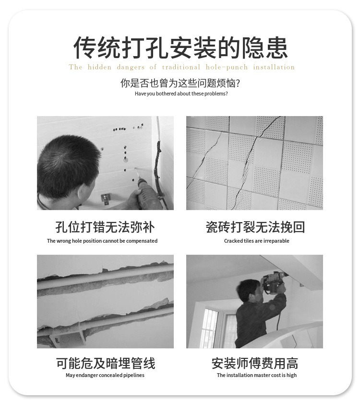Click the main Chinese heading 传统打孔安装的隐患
point(180,48)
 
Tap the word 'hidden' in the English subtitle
point(99,67)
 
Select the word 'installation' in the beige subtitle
point(274,67)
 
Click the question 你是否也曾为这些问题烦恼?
point(180,83)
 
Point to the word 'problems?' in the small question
point(216,94)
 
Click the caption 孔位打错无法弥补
point(105,227)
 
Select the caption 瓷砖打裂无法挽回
point(255,227)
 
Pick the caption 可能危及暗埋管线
point(106,363)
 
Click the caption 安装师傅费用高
point(255,363)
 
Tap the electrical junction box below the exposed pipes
point(68,339)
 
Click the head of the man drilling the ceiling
point(249,290)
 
